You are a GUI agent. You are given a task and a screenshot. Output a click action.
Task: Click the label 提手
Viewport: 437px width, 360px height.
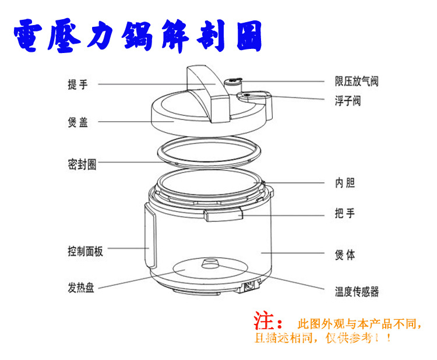(77, 84)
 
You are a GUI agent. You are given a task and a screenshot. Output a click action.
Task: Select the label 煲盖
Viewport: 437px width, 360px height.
(77, 123)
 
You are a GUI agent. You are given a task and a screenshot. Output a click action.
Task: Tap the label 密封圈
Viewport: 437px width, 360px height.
(82, 165)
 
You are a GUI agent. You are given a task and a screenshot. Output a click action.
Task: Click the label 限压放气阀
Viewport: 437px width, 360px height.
(356, 82)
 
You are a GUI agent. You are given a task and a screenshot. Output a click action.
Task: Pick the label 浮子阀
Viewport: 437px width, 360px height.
(347, 101)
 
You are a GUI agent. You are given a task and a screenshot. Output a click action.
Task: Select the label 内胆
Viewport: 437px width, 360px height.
(344, 183)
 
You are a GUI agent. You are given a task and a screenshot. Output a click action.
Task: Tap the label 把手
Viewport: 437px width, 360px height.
(344, 214)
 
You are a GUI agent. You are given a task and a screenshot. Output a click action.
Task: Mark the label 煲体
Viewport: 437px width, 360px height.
(344, 255)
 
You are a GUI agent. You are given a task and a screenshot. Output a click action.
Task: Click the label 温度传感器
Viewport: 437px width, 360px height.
(356, 291)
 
